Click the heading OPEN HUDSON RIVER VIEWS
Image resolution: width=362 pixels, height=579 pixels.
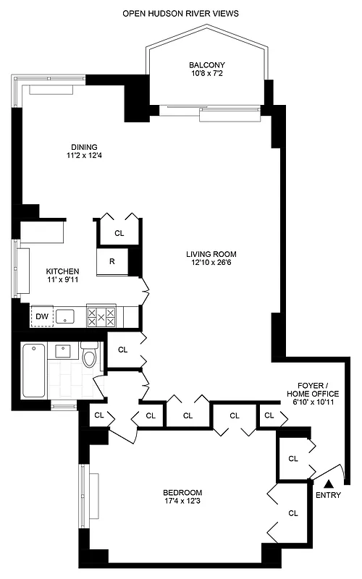click(x=180, y=13)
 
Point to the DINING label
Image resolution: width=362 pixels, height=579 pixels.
click(x=83, y=146)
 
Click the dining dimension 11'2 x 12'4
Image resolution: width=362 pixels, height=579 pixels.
click(x=83, y=156)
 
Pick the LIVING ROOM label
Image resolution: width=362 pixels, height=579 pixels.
click(x=211, y=254)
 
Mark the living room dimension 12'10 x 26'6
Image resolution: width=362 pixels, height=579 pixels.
click(x=211, y=263)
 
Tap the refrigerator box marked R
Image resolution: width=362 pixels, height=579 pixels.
click(x=113, y=261)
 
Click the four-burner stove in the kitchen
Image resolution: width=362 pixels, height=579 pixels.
click(x=101, y=316)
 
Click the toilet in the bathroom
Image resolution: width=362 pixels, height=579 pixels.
click(x=89, y=357)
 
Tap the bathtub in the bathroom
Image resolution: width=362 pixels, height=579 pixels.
click(x=33, y=370)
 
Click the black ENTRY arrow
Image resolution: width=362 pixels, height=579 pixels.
click(x=328, y=483)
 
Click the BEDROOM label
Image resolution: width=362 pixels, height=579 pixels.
click(x=182, y=492)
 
